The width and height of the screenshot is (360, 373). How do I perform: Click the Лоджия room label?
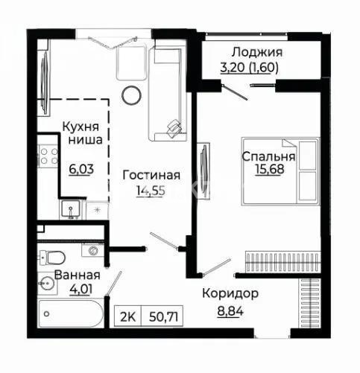click(x=257, y=53)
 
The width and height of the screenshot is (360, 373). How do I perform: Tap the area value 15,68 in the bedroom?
click(x=270, y=169)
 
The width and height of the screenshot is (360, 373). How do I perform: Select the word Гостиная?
click(x=151, y=175)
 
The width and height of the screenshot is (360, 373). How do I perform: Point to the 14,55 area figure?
click(x=151, y=191)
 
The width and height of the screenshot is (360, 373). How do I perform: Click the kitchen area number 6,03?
click(x=81, y=169)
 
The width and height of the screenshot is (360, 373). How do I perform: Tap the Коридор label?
click(x=230, y=294)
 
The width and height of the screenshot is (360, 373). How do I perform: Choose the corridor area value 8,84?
click(x=230, y=310)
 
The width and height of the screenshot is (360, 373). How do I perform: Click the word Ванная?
click(x=78, y=275)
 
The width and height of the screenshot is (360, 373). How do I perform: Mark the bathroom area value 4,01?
click(x=81, y=289)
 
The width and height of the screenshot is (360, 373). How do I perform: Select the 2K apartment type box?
click(x=127, y=317)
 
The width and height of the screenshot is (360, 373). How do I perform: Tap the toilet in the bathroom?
click(x=53, y=258)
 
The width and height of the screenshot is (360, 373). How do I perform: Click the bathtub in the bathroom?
click(x=71, y=313)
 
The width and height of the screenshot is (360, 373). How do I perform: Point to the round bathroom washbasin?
click(x=46, y=283)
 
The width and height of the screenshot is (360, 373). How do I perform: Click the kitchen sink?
click(x=71, y=210)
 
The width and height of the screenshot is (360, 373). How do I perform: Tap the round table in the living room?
click(x=131, y=95)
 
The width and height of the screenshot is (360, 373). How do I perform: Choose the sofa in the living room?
click(x=168, y=94)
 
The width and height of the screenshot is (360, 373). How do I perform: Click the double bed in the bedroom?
click(x=280, y=171)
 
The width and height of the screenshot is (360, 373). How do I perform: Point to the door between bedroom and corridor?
click(x=217, y=267)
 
